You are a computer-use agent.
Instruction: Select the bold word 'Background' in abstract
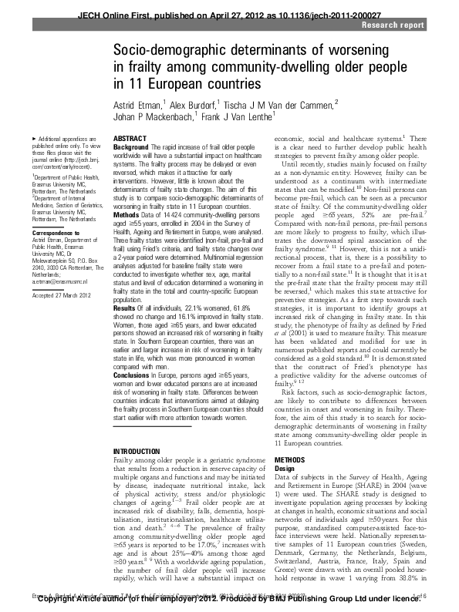(131, 146)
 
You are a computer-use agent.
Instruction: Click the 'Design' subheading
(285, 468)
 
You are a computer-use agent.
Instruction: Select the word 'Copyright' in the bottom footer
(55, 606)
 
